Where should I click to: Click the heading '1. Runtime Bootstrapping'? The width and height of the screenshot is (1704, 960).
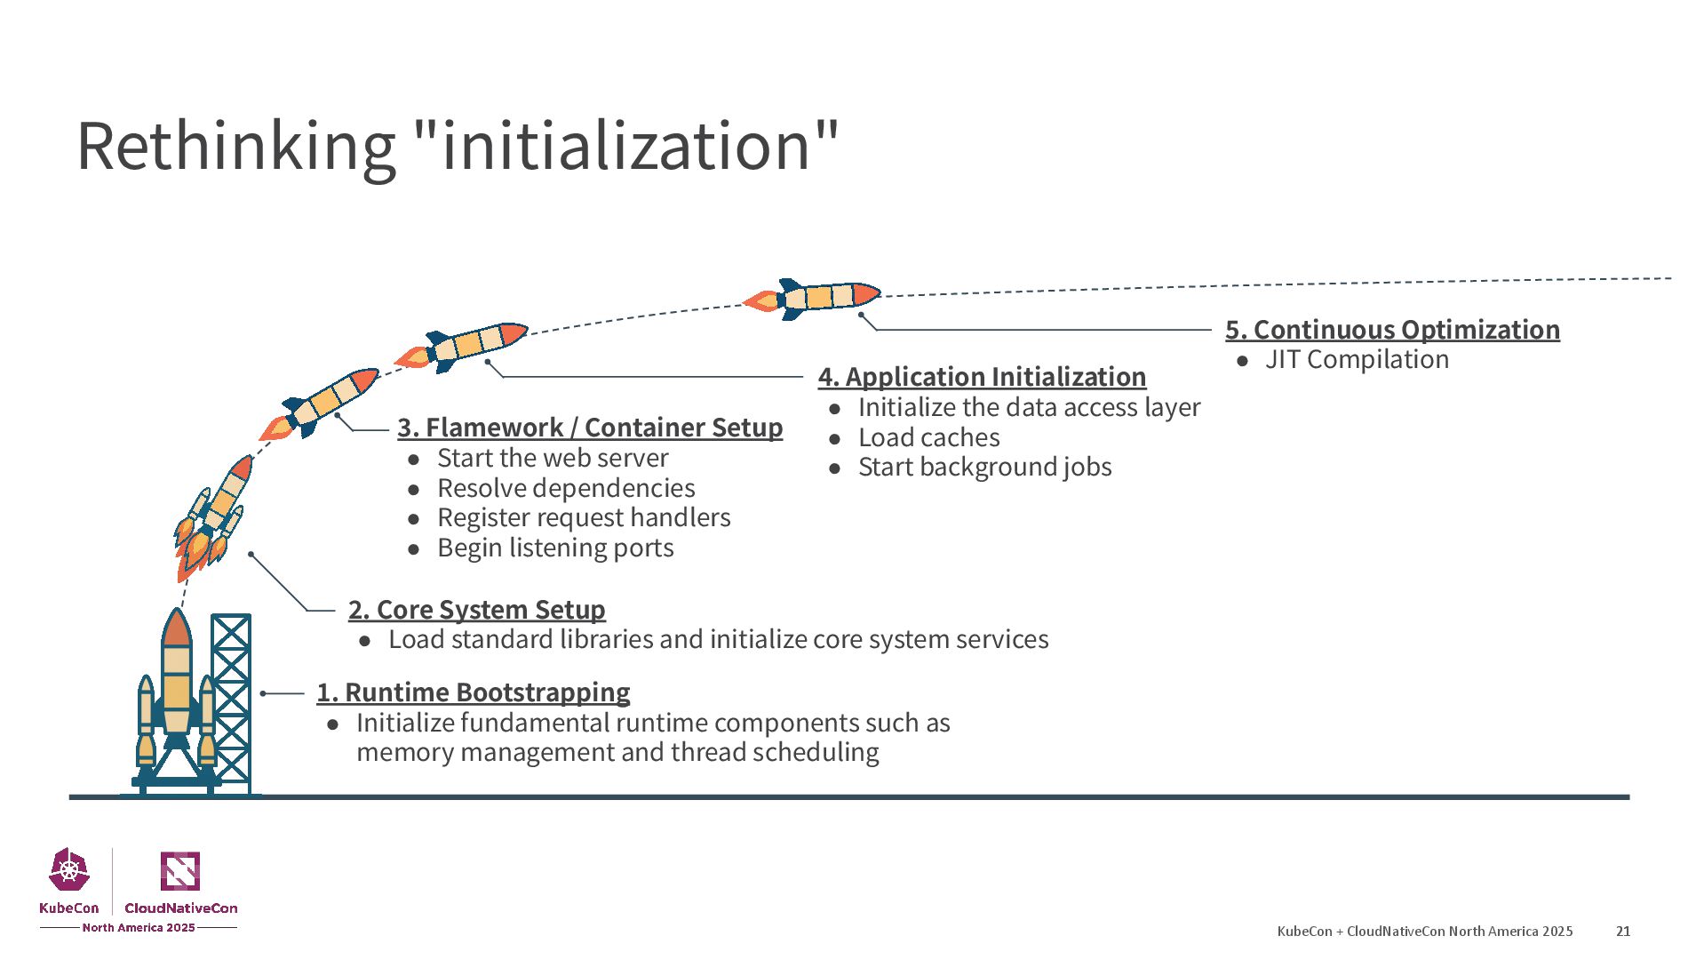(x=473, y=692)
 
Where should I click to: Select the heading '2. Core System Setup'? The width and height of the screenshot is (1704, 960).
(x=476, y=610)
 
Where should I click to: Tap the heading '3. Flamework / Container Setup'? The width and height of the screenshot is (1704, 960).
(x=590, y=428)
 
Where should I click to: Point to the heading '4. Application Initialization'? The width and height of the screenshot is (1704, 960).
(x=982, y=377)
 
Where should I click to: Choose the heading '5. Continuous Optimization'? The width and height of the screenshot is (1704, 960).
(x=1392, y=330)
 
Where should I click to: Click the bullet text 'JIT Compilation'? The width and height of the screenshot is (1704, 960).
(x=1357, y=360)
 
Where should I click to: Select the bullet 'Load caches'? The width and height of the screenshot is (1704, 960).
(x=928, y=437)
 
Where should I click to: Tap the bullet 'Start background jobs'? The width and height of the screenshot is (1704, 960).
(x=984, y=468)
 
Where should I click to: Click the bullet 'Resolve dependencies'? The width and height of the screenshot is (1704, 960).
(x=566, y=488)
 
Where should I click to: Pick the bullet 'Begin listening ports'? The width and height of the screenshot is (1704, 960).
(x=555, y=548)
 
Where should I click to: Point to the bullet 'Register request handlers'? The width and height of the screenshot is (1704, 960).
(x=584, y=518)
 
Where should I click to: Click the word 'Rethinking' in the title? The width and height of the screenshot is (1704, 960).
(x=236, y=146)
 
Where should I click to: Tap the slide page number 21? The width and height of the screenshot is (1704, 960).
(x=1623, y=932)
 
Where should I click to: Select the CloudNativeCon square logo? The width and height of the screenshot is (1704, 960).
(x=179, y=871)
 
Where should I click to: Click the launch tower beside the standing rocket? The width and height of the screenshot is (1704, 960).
(x=231, y=702)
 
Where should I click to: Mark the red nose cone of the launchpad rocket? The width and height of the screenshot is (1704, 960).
(x=177, y=628)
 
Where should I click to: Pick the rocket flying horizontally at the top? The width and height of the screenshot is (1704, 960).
(x=813, y=298)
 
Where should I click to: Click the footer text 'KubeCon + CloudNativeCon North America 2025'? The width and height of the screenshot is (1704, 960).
(x=1424, y=932)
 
